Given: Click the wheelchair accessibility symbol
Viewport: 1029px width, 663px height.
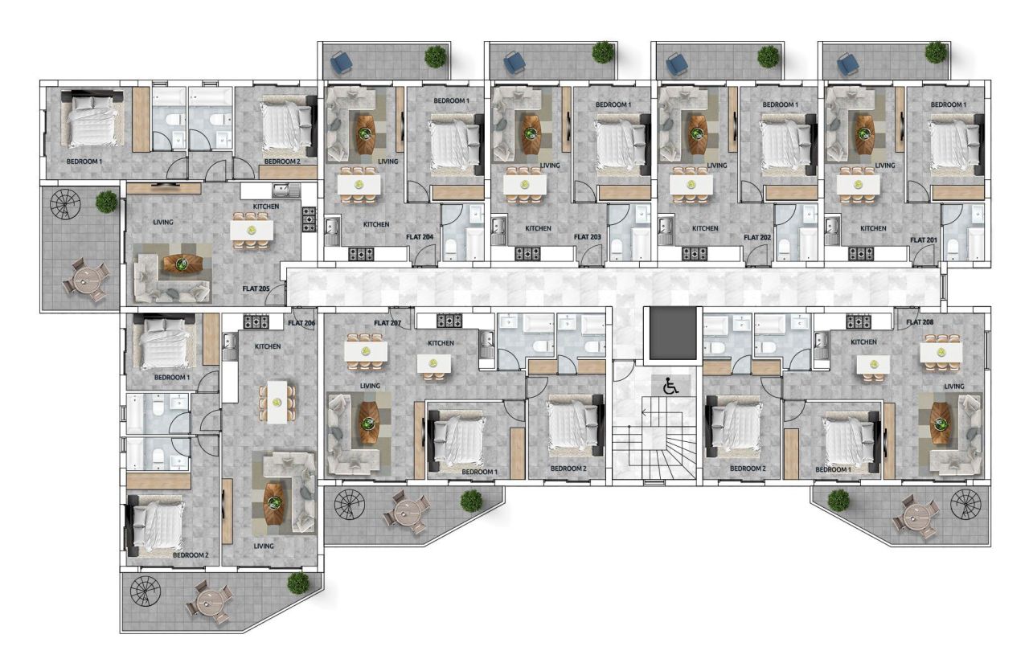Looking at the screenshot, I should pyautogui.click(x=670, y=386).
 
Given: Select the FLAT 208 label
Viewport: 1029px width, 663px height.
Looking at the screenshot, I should pyautogui.click(x=921, y=322).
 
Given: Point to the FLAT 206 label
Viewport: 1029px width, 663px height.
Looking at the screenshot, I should pyautogui.click(x=301, y=322).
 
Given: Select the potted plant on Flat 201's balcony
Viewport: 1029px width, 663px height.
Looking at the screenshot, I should pyautogui.click(x=935, y=53).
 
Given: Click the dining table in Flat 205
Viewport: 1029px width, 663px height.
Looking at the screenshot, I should pyautogui.click(x=252, y=230).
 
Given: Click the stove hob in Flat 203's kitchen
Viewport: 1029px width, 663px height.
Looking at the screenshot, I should pyautogui.click(x=528, y=253).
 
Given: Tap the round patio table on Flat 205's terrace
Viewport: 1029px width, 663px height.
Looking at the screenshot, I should pyautogui.click(x=85, y=279).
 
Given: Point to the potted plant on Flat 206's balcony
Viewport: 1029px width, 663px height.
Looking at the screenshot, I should pyautogui.click(x=298, y=583).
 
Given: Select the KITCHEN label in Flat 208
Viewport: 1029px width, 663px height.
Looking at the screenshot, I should pyautogui.click(x=863, y=342).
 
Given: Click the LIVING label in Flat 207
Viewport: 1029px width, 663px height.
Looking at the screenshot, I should pyautogui.click(x=370, y=386).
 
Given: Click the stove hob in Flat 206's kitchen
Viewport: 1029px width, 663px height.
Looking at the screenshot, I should pyautogui.click(x=256, y=321).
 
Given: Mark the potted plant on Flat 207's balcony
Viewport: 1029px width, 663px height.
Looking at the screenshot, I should pyautogui.click(x=471, y=501).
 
